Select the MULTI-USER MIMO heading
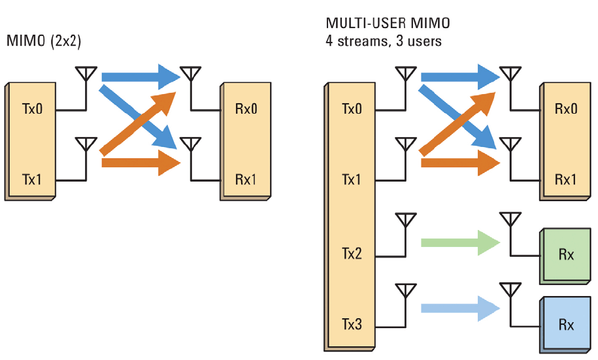(x=388, y=24)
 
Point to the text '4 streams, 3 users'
(x=384, y=41)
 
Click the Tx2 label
(x=352, y=253)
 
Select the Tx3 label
(x=352, y=323)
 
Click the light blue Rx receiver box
(x=566, y=324)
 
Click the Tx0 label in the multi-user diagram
(x=352, y=109)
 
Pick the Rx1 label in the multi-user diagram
(x=566, y=178)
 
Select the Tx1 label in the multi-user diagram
(x=352, y=178)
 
